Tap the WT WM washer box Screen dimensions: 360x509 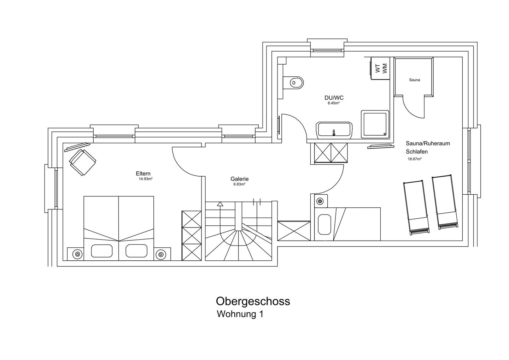pyautogui.click(x=380, y=68)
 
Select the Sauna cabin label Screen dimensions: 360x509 pyautogui.click(x=414, y=80)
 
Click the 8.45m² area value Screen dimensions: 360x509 pyautogui.click(x=333, y=104)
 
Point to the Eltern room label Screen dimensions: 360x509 pyautogui.click(x=143, y=173)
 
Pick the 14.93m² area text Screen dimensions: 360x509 pyautogui.click(x=146, y=179)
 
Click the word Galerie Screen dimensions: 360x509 pyautogui.click(x=239, y=179)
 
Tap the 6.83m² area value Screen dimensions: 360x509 pyautogui.click(x=239, y=184)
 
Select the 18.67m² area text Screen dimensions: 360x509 pyautogui.click(x=414, y=159)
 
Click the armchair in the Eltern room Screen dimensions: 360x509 pyautogui.click(x=83, y=162)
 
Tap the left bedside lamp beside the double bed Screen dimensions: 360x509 pyautogui.click(x=77, y=254)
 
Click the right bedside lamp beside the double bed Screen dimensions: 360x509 pyautogui.click(x=161, y=254)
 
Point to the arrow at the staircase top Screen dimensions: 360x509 pyautogui.click(x=220, y=204)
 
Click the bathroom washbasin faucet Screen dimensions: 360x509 pyautogui.click(x=333, y=133)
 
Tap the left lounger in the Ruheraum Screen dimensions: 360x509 pyautogui.click(x=416, y=207)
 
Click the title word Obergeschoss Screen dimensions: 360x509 pyautogui.click(x=253, y=301)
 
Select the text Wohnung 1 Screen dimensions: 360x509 pyautogui.click(x=240, y=314)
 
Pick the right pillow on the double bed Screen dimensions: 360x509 pyautogui.click(x=136, y=251)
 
